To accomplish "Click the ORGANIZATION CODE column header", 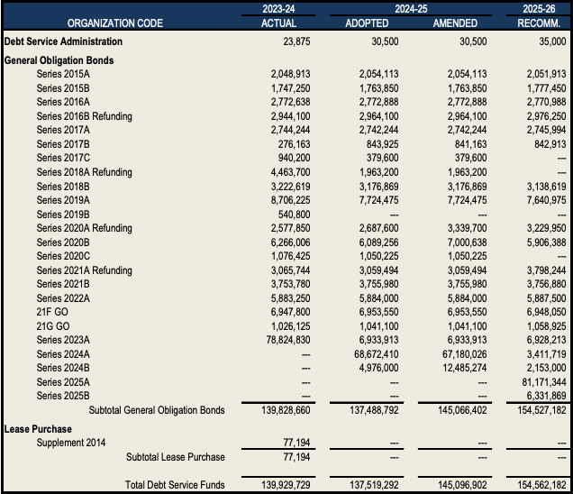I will [114, 23].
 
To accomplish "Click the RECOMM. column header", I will [541, 23].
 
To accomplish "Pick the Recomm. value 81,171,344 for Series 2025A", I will [541, 382].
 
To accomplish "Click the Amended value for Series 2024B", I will [460, 368].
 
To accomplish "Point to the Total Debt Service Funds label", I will [175, 485].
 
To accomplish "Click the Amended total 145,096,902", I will [457, 485].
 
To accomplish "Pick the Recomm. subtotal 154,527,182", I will [538, 410].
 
